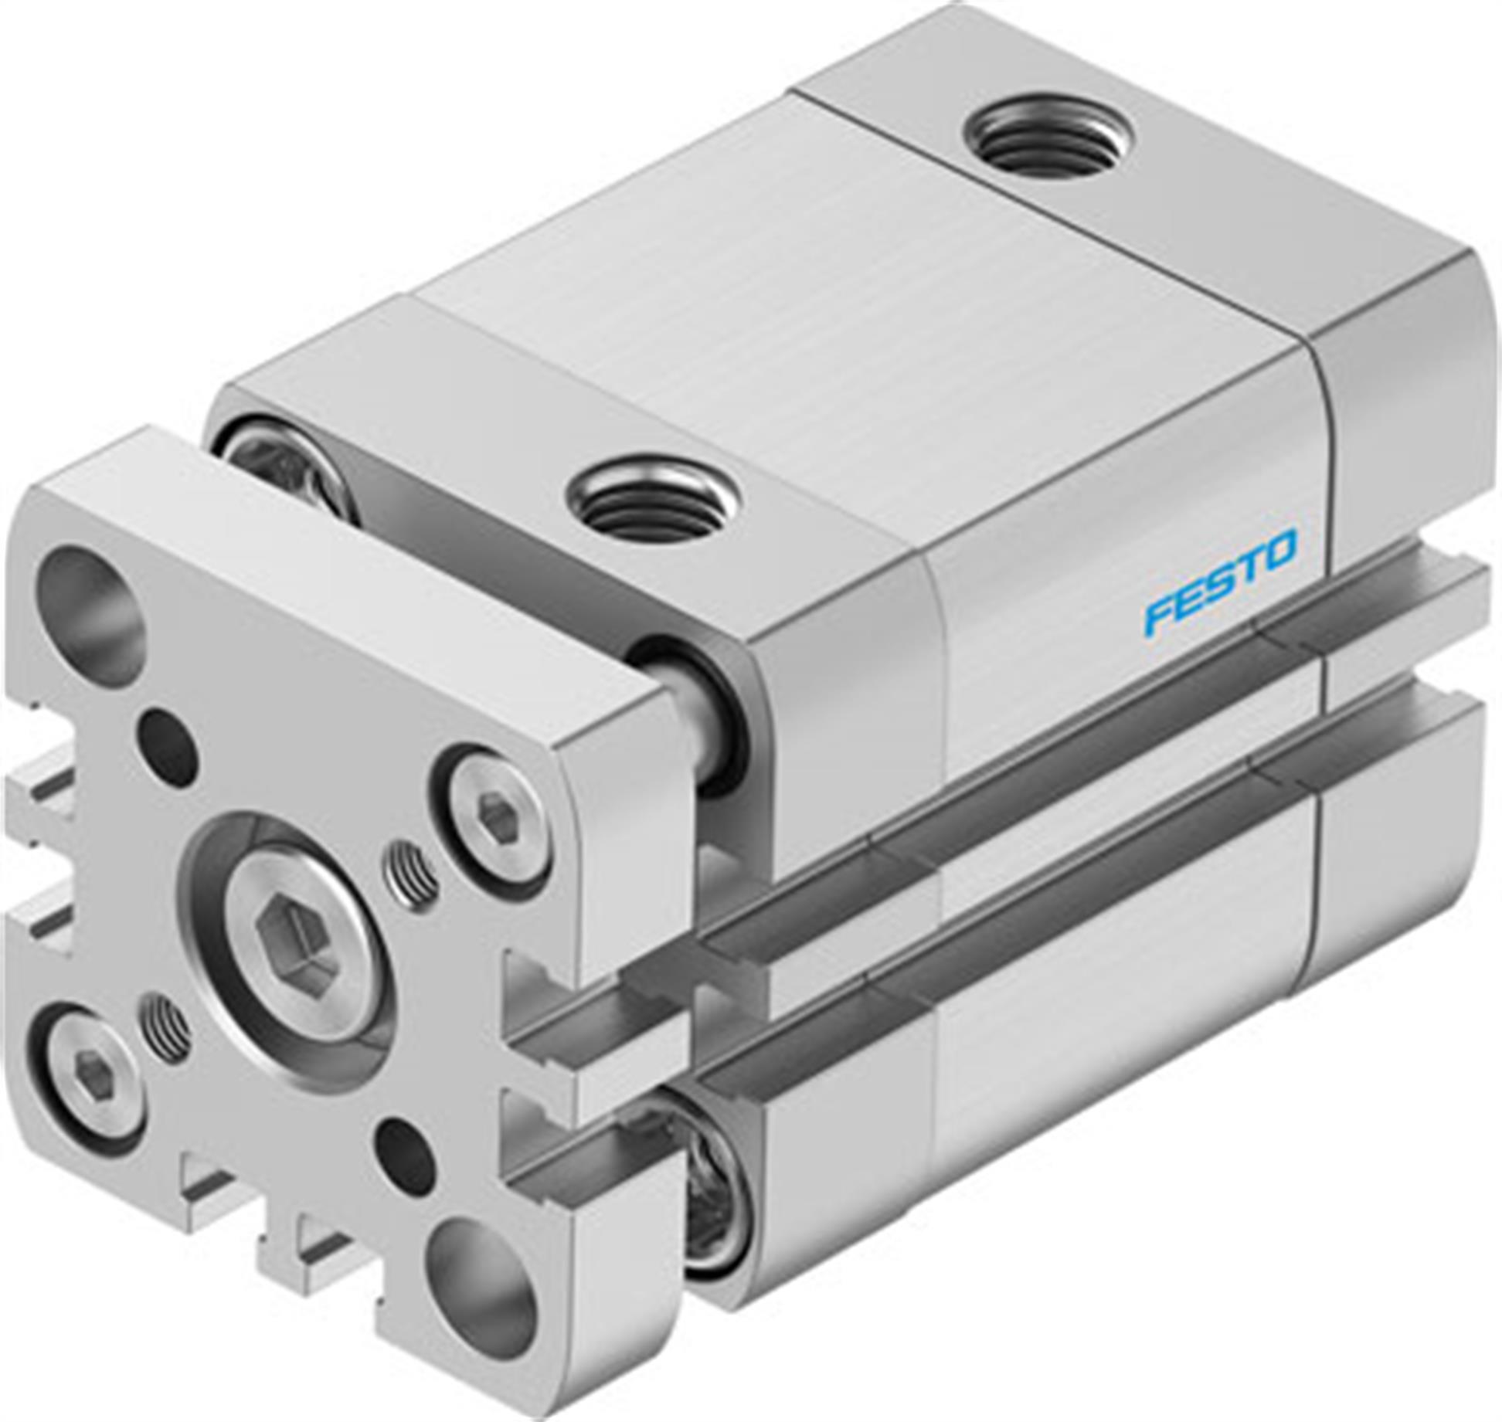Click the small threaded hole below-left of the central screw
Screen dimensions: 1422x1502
pyautogui.click(x=166, y=1028)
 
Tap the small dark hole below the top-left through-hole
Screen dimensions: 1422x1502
pyautogui.click(x=167, y=738)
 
